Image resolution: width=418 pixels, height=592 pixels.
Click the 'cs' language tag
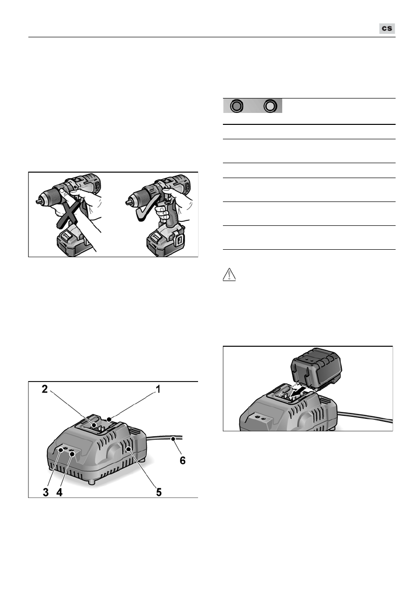click(x=386, y=28)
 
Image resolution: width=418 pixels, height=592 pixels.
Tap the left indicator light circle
click(x=237, y=106)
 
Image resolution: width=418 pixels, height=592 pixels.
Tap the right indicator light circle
click(x=270, y=106)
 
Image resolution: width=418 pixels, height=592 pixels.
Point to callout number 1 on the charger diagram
click(x=158, y=390)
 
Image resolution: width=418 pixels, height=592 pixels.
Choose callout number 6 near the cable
click(x=183, y=460)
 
